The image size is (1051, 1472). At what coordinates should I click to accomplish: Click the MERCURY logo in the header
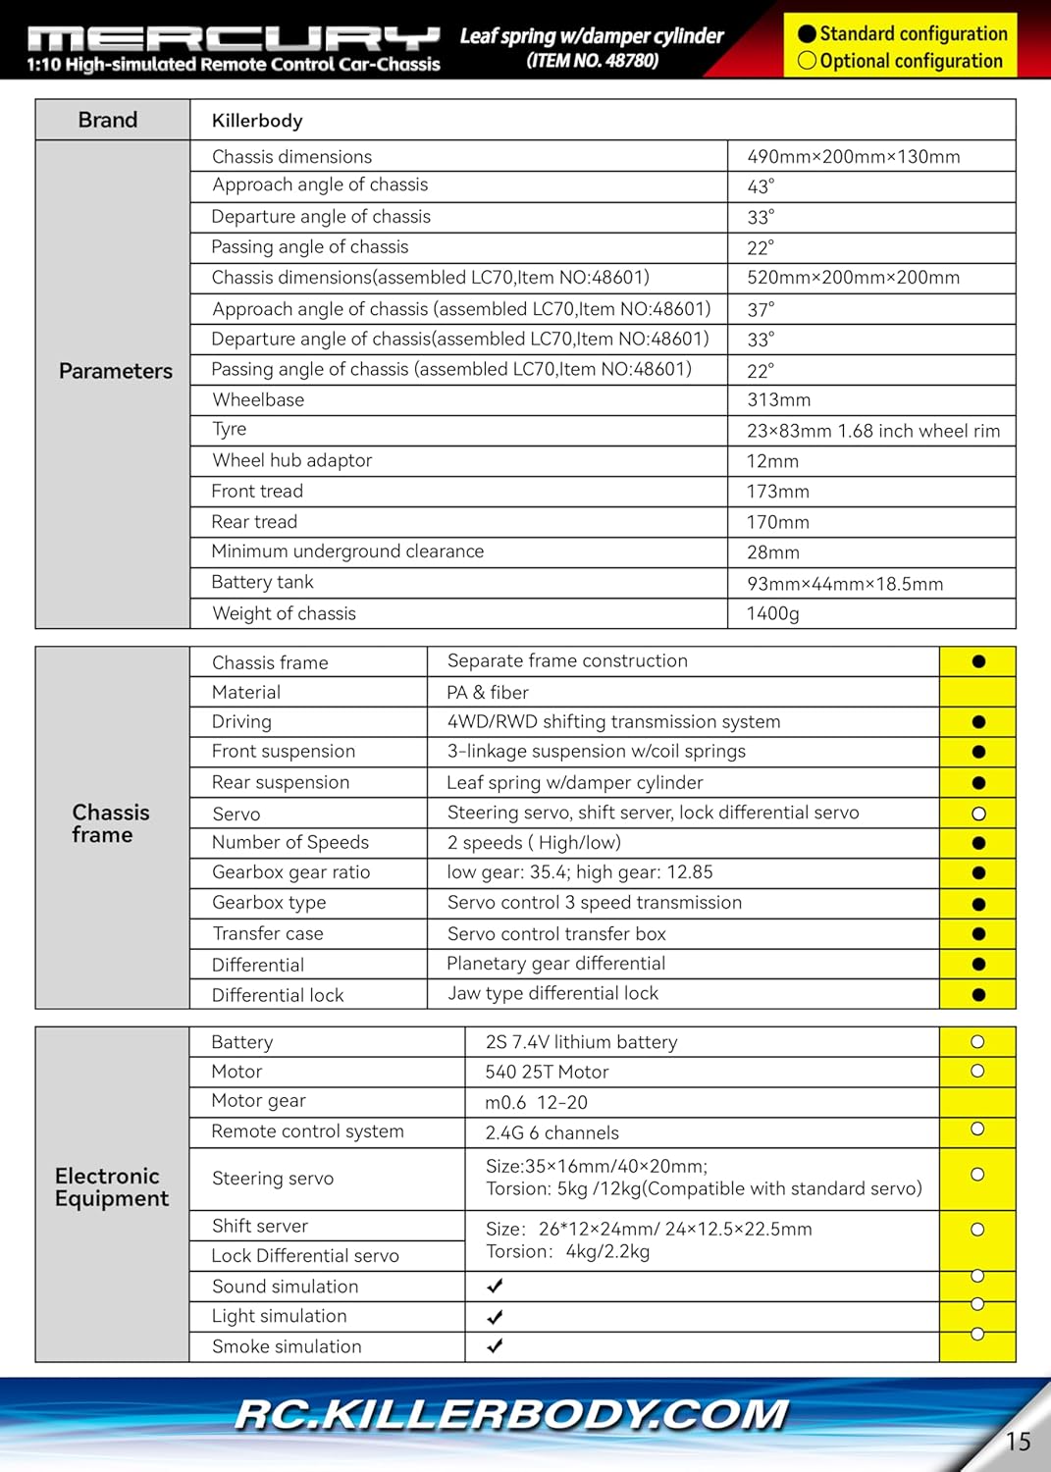(x=234, y=38)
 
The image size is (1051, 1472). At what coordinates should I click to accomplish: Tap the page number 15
(x=1018, y=1441)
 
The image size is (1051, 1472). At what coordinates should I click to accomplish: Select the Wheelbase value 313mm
(x=778, y=400)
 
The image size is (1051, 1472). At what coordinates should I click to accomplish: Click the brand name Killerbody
(x=257, y=121)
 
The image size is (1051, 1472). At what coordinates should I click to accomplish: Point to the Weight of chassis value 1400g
(x=772, y=614)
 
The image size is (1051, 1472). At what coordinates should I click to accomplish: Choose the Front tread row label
(x=257, y=492)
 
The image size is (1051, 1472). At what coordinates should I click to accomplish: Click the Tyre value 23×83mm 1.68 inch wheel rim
(x=872, y=431)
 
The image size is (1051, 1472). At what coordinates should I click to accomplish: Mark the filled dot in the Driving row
(x=977, y=722)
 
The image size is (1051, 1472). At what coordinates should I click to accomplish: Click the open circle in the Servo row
(x=977, y=814)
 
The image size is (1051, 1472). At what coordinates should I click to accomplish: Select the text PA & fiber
(x=488, y=693)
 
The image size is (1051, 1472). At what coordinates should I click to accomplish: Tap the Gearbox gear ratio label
(x=290, y=872)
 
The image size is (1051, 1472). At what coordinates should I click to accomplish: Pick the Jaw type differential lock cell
(x=552, y=994)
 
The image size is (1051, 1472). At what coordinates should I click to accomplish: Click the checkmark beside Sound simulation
(x=495, y=1286)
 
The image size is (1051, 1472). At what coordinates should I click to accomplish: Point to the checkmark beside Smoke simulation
(x=495, y=1346)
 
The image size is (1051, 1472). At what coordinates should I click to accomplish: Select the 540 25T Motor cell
(x=547, y=1073)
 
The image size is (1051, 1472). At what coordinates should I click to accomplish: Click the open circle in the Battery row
(x=977, y=1042)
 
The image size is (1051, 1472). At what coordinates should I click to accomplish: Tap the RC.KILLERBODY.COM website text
(x=511, y=1415)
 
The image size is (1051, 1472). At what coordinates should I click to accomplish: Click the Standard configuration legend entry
(x=902, y=33)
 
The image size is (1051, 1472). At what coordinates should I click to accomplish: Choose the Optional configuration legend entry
(x=900, y=61)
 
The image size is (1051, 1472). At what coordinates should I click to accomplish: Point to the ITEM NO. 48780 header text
(x=592, y=61)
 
